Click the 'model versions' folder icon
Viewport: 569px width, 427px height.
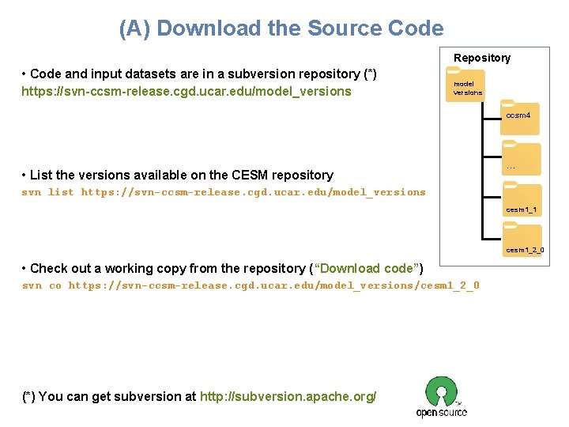(465, 84)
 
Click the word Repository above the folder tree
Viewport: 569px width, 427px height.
(482, 58)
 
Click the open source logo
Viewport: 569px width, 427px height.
(442, 396)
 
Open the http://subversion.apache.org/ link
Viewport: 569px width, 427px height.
(288, 396)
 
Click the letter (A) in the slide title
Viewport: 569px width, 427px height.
(135, 29)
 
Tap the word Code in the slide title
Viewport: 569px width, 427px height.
(416, 29)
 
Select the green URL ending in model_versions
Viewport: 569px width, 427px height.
(187, 91)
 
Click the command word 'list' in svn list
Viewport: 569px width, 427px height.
(61, 192)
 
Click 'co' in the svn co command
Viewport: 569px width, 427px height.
(55, 285)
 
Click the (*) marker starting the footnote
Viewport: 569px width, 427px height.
(28, 396)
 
